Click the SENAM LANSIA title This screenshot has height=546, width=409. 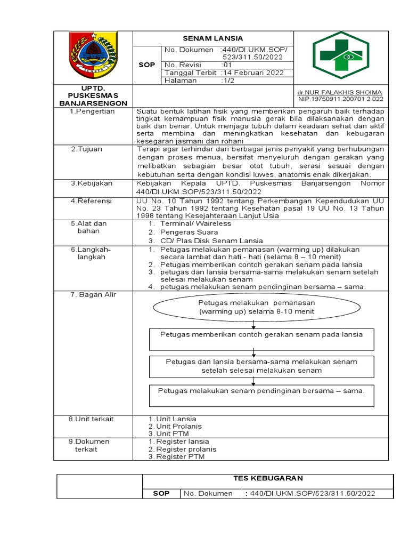[212, 38]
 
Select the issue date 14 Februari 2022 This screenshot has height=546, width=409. [253, 73]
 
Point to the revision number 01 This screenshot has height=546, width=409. [225, 65]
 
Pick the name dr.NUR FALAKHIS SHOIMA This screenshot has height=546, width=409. [340, 92]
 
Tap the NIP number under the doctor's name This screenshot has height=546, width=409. [340, 99]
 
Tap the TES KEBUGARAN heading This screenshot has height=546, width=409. [268, 478]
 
